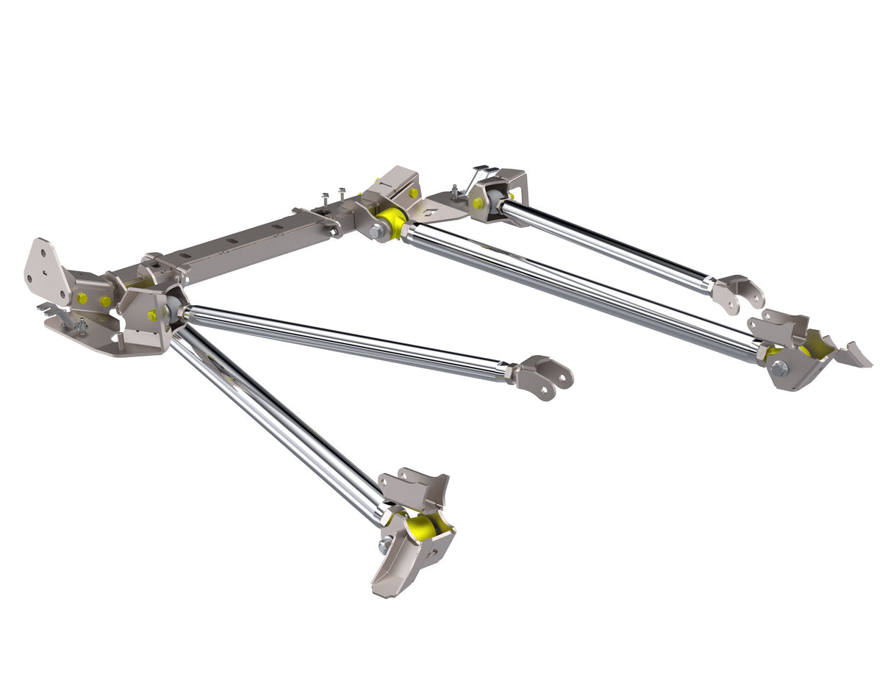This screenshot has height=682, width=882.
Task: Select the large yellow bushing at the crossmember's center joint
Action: click(x=392, y=220)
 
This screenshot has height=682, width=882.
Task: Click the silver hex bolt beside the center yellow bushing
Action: click(x=376, y=232)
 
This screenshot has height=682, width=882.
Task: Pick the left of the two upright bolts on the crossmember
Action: click(x=325, y=200)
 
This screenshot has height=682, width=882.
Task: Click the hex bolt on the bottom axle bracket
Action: click(x=384, y=547)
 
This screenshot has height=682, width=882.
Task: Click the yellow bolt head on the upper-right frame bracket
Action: click(x=478, y=203)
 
